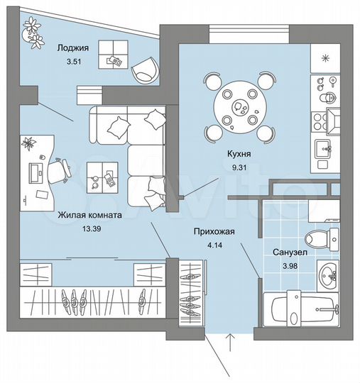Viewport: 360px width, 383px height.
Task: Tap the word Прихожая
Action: pyautogui.click(x=213, y=231)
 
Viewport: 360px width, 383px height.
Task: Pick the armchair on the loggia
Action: pyautogui.click(x=146, y=67)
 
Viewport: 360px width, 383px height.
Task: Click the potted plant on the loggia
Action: pyautogui.click(x=33, y=30)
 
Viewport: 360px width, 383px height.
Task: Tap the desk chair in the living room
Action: pyautogui.click(x=62, y=170)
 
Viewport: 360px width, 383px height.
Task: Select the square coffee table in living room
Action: pyautogui.click(x=102, y=176)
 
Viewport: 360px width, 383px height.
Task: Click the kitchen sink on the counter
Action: pyautogui.click(x=325, y=148)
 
